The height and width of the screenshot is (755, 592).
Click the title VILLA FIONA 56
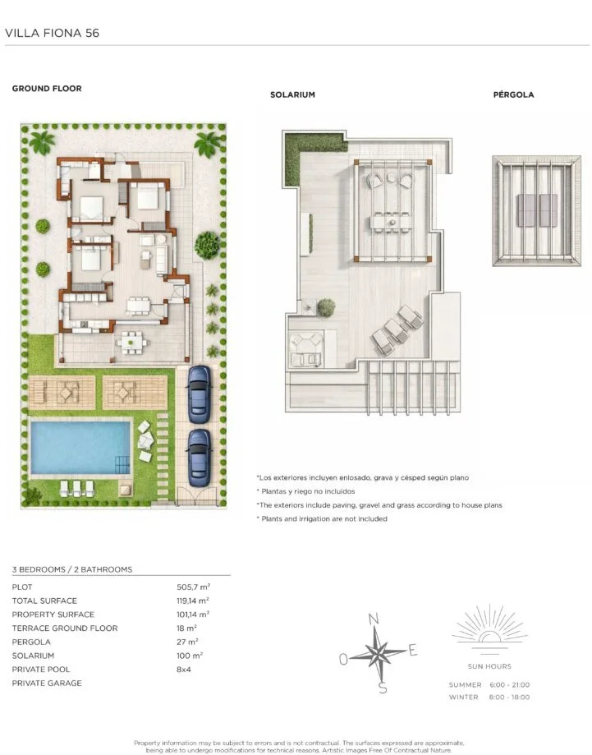pyautogui.click(x=52, y=33)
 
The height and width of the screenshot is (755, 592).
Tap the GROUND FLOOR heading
pyautogui.click(x=47, y=89)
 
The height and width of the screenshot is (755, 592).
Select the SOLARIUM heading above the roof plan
pyautogui.click(x=292, y=94)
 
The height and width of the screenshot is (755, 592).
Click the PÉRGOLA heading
pyautogui.click(x=513, y=94)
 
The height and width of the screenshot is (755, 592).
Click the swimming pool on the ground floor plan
pyautogui.click(x=80, y=448)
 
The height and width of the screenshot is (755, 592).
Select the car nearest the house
pyautogui.click(x=200, y=394)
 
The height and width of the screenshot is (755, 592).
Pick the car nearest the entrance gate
pyautogui.click(x=200, y=458)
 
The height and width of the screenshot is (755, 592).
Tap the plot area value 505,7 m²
pyautogui.click(x=194, y=587)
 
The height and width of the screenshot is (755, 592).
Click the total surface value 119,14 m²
pyautogui.click(x=192, y=601)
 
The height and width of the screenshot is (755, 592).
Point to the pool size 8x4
pyautogui.click(x=184, y=670)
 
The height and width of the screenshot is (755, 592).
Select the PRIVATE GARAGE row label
pyautogui.click(x=47, y=683)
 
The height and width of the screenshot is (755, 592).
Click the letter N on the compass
pyautogui.click(x=374, y=619)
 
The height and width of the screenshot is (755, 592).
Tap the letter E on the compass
pyautogui.click(x=412, y=651)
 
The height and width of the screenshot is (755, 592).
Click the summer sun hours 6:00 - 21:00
pyautogui.click(x=510, y=684)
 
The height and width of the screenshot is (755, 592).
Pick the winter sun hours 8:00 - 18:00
pyautogui.click(x=510, y=697)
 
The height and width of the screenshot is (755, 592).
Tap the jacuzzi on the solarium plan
pyautogui.click(x=305, y=348)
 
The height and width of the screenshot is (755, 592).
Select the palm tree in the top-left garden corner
pyautogui.click(x=43, y=141)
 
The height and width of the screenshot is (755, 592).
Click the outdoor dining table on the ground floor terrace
pyautogui.click(x=132, y=343)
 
